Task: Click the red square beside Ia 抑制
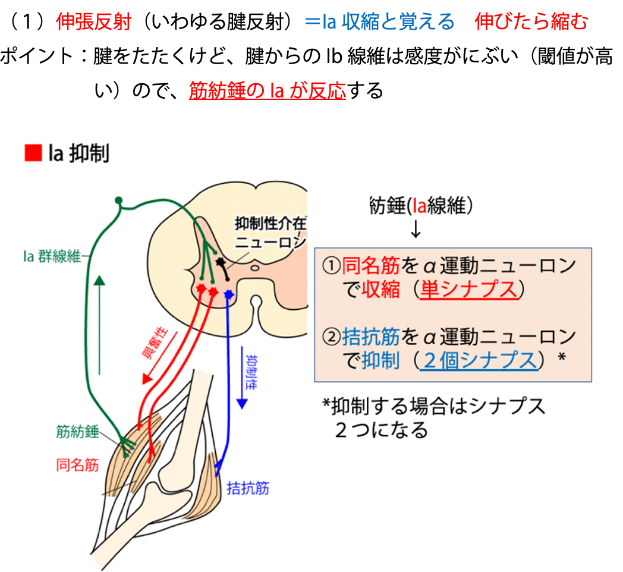pos(33,153)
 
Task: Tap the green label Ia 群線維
pos(52,256)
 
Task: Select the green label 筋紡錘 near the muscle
pos(77,432)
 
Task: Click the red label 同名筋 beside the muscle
pos(77,464)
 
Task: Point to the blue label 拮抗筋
pos(248,488)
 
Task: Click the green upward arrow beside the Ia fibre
pos(99,325)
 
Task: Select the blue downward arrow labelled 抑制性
pos(242,378)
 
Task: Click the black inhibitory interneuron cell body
pos(220,262)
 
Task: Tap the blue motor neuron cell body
pos(228,294)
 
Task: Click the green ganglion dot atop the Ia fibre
pos(118,200)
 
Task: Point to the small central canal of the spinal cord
pos(255,268)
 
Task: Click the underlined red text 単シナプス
pos(469,290)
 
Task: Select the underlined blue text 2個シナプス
pos(479,361)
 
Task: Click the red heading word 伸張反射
pos(94,21)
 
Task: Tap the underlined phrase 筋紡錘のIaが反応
pos(268,90)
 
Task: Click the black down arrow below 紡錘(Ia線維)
pos(416,228)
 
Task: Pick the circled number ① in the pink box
pos(331,266)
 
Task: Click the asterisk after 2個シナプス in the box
pos(562,357)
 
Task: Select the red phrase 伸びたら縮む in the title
pos(531,21)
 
